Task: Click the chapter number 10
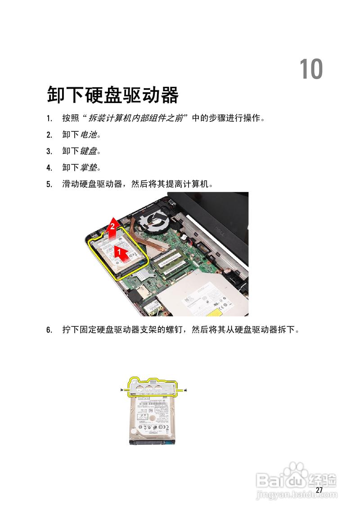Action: pyautogui.click(x=311, y=69)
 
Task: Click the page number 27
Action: pyautogui.click(x=319, y=490)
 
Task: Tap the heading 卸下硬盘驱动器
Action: pyautogui.click(x=113, y=95)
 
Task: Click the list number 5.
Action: pyautogui.click(x=49, y=184)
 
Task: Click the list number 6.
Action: pyautogui.click(x=49, y=331)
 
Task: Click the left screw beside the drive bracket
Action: pyautogui.click(x=123, y=390)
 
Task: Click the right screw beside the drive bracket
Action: pyautogui.click(x=186, y=390)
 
